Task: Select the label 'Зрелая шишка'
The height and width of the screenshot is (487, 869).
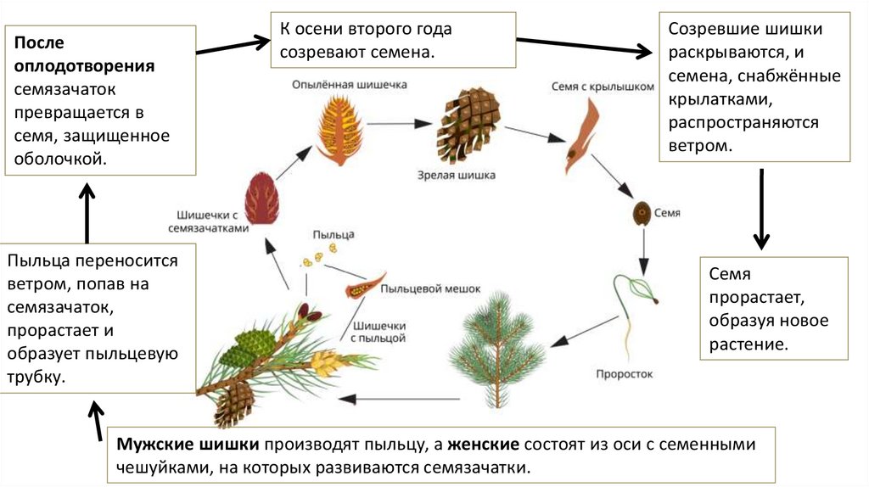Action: tap(456, 176)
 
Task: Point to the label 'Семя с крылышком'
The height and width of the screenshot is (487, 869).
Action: tap(591, 86)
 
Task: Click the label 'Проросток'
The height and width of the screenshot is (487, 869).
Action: tap(625, 373)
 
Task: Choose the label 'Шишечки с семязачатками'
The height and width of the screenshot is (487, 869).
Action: tap(213, 221)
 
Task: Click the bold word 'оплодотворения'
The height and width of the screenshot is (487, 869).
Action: tap(84, 66)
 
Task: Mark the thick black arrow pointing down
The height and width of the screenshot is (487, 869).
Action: tap(761, 208)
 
